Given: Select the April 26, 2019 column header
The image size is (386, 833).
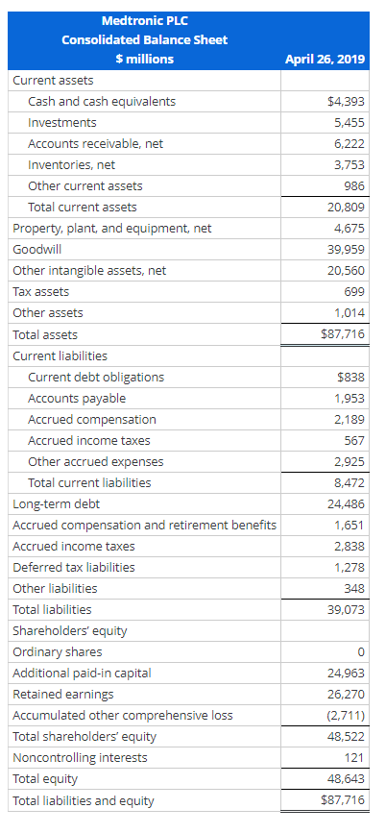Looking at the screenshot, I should (325, 60).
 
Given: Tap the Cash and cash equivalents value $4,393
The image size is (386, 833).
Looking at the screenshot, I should (346, 101).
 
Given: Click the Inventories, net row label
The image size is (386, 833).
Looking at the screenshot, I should (71, 164).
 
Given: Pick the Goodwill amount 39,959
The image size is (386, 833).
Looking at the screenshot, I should (349, 249).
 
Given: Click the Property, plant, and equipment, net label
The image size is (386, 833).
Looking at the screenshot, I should (111, 228).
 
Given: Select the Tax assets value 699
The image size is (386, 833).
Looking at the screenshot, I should (354, 291).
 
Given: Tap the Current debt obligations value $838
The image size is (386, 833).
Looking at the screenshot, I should (350, 377).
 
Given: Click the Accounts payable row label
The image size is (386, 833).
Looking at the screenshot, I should (77, 398).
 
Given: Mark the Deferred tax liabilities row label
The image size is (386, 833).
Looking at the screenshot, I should (73, 567).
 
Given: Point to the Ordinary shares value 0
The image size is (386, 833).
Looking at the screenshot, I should (360, 651).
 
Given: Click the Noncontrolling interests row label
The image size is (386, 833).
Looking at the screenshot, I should (80, 757).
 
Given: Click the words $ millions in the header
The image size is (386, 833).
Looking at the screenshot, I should (144, 60).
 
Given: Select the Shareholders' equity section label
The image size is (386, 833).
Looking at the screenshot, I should (69, 630).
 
